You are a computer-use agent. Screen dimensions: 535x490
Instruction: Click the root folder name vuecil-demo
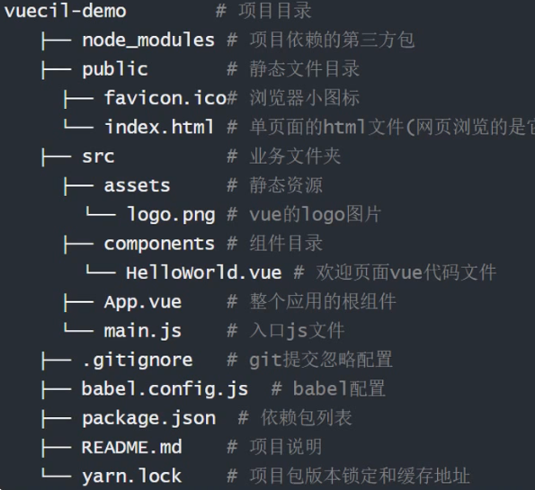click(x=65, y=11)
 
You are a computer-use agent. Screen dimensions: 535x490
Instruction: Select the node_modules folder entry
click(x=148, y=40)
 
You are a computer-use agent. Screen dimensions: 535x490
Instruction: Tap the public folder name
click(x=115, y=69)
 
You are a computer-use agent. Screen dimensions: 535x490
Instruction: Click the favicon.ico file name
click(x=165, y=98)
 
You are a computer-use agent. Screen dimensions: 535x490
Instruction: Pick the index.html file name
click(x=159, y=127)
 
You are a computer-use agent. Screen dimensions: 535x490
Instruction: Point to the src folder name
click(x=98, y=156)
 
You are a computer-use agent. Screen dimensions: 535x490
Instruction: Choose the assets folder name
click(x=137, y=185)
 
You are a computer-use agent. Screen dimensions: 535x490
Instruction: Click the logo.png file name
click(x=171, y=215)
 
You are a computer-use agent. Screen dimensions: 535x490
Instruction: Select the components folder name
click(x=159, y=244)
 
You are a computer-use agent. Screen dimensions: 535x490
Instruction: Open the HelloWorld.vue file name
click(x=204, y=272)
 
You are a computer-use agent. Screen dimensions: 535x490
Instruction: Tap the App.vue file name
click(x=143, y=302)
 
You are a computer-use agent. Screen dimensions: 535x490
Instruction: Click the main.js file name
click(x=143, y=331)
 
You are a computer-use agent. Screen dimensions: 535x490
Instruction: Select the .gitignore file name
click(x=138, y=361)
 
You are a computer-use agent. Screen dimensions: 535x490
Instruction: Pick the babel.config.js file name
click(x=165, y=389)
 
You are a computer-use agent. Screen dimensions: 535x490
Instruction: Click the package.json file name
click(x=148, y=418)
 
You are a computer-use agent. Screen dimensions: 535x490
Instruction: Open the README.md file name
click(x=131, y=448)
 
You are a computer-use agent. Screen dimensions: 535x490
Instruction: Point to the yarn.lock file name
click(x=131, y=476)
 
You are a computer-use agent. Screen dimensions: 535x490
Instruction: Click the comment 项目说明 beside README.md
click(x=286, y=447)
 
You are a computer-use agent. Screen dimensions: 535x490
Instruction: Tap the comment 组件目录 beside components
click(x=286, y=244)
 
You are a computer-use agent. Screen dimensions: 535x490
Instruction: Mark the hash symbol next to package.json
click(x=243, y=418)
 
